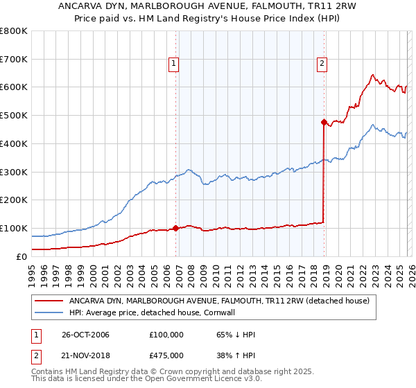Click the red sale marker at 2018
(x=324, y=122)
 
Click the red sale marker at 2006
(x=175, y=227)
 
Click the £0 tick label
(x=21, y=256)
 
